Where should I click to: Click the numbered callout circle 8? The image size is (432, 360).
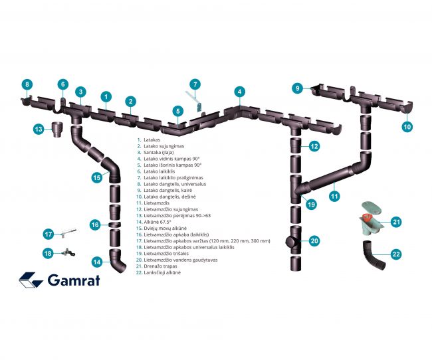coord(27,84)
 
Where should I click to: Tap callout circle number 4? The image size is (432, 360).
coord(239,92)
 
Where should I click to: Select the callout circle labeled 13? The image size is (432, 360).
coord(39,129)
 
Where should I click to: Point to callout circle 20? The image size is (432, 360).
coord(314,241)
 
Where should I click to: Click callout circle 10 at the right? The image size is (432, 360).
coord(407,126)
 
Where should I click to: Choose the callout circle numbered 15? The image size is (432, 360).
coord(97,177)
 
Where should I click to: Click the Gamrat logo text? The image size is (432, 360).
coord(74,280)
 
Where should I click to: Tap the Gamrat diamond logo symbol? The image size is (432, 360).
coord(31,280)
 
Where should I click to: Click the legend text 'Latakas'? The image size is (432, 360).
coord(152,139)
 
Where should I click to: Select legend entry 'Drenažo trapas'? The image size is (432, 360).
coord(160,266)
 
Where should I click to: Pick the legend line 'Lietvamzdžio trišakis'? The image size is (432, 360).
coord(166,254)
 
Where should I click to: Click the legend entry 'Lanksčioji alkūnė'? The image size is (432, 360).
coord(162,272)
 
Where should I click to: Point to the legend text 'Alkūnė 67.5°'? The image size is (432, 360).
coord(158,222)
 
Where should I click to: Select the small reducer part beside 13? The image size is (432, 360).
coord(57,129)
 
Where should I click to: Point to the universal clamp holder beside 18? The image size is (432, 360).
coord(68,252)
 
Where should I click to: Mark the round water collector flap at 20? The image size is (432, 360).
coord(290,242)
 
